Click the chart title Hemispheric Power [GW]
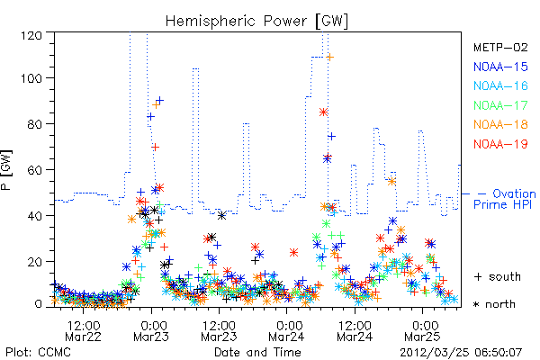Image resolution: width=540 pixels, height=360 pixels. (x=256, y=22)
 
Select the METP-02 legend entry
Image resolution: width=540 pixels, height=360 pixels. (x=500, y=47)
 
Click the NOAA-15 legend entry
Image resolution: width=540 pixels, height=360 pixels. (x=500, y=67)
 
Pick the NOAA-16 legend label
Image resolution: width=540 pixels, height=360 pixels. (x=500, y=85)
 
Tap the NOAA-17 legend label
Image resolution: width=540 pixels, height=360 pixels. (x=500, y=105)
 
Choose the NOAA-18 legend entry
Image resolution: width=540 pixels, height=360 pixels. (x=500, y=124)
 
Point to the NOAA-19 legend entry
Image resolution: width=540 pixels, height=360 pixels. (x=500, y=144)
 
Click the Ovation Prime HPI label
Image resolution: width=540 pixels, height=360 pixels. (x=504, y=199)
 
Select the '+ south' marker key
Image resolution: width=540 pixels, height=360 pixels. (x=498, y=276)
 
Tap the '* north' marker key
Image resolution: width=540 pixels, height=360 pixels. (x=494, y=304)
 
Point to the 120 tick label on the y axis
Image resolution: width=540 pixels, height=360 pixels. (x=31, y=35)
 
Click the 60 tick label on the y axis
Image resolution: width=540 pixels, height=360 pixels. (x=35, y=170)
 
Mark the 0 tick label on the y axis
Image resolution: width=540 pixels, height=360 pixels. (x=38, y=304)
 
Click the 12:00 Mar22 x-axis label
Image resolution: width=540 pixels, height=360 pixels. (x=84, y=330)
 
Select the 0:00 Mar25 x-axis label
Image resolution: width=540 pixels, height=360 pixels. (x=423, y=330)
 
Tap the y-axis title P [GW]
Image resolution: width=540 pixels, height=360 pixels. (x=6, y=170)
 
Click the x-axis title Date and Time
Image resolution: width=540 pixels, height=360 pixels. (x=257, y=353)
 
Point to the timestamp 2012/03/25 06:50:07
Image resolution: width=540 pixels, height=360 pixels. (x=461, y=353)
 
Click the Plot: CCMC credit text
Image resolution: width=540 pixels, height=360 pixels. (x=38, y=353)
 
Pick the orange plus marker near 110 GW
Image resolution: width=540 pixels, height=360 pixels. (x=330, y=58)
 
